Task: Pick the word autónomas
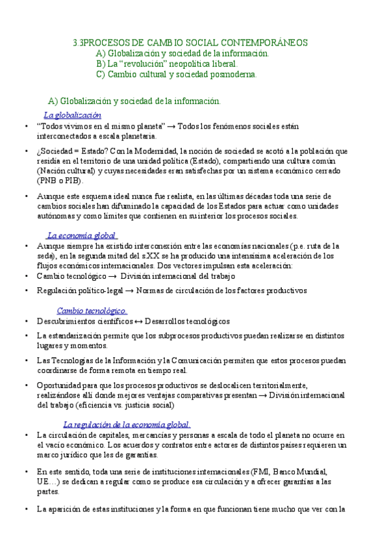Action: point(56,216)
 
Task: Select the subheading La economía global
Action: point(82,235)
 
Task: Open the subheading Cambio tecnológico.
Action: point(92,311)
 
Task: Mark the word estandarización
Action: point(80,336)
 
